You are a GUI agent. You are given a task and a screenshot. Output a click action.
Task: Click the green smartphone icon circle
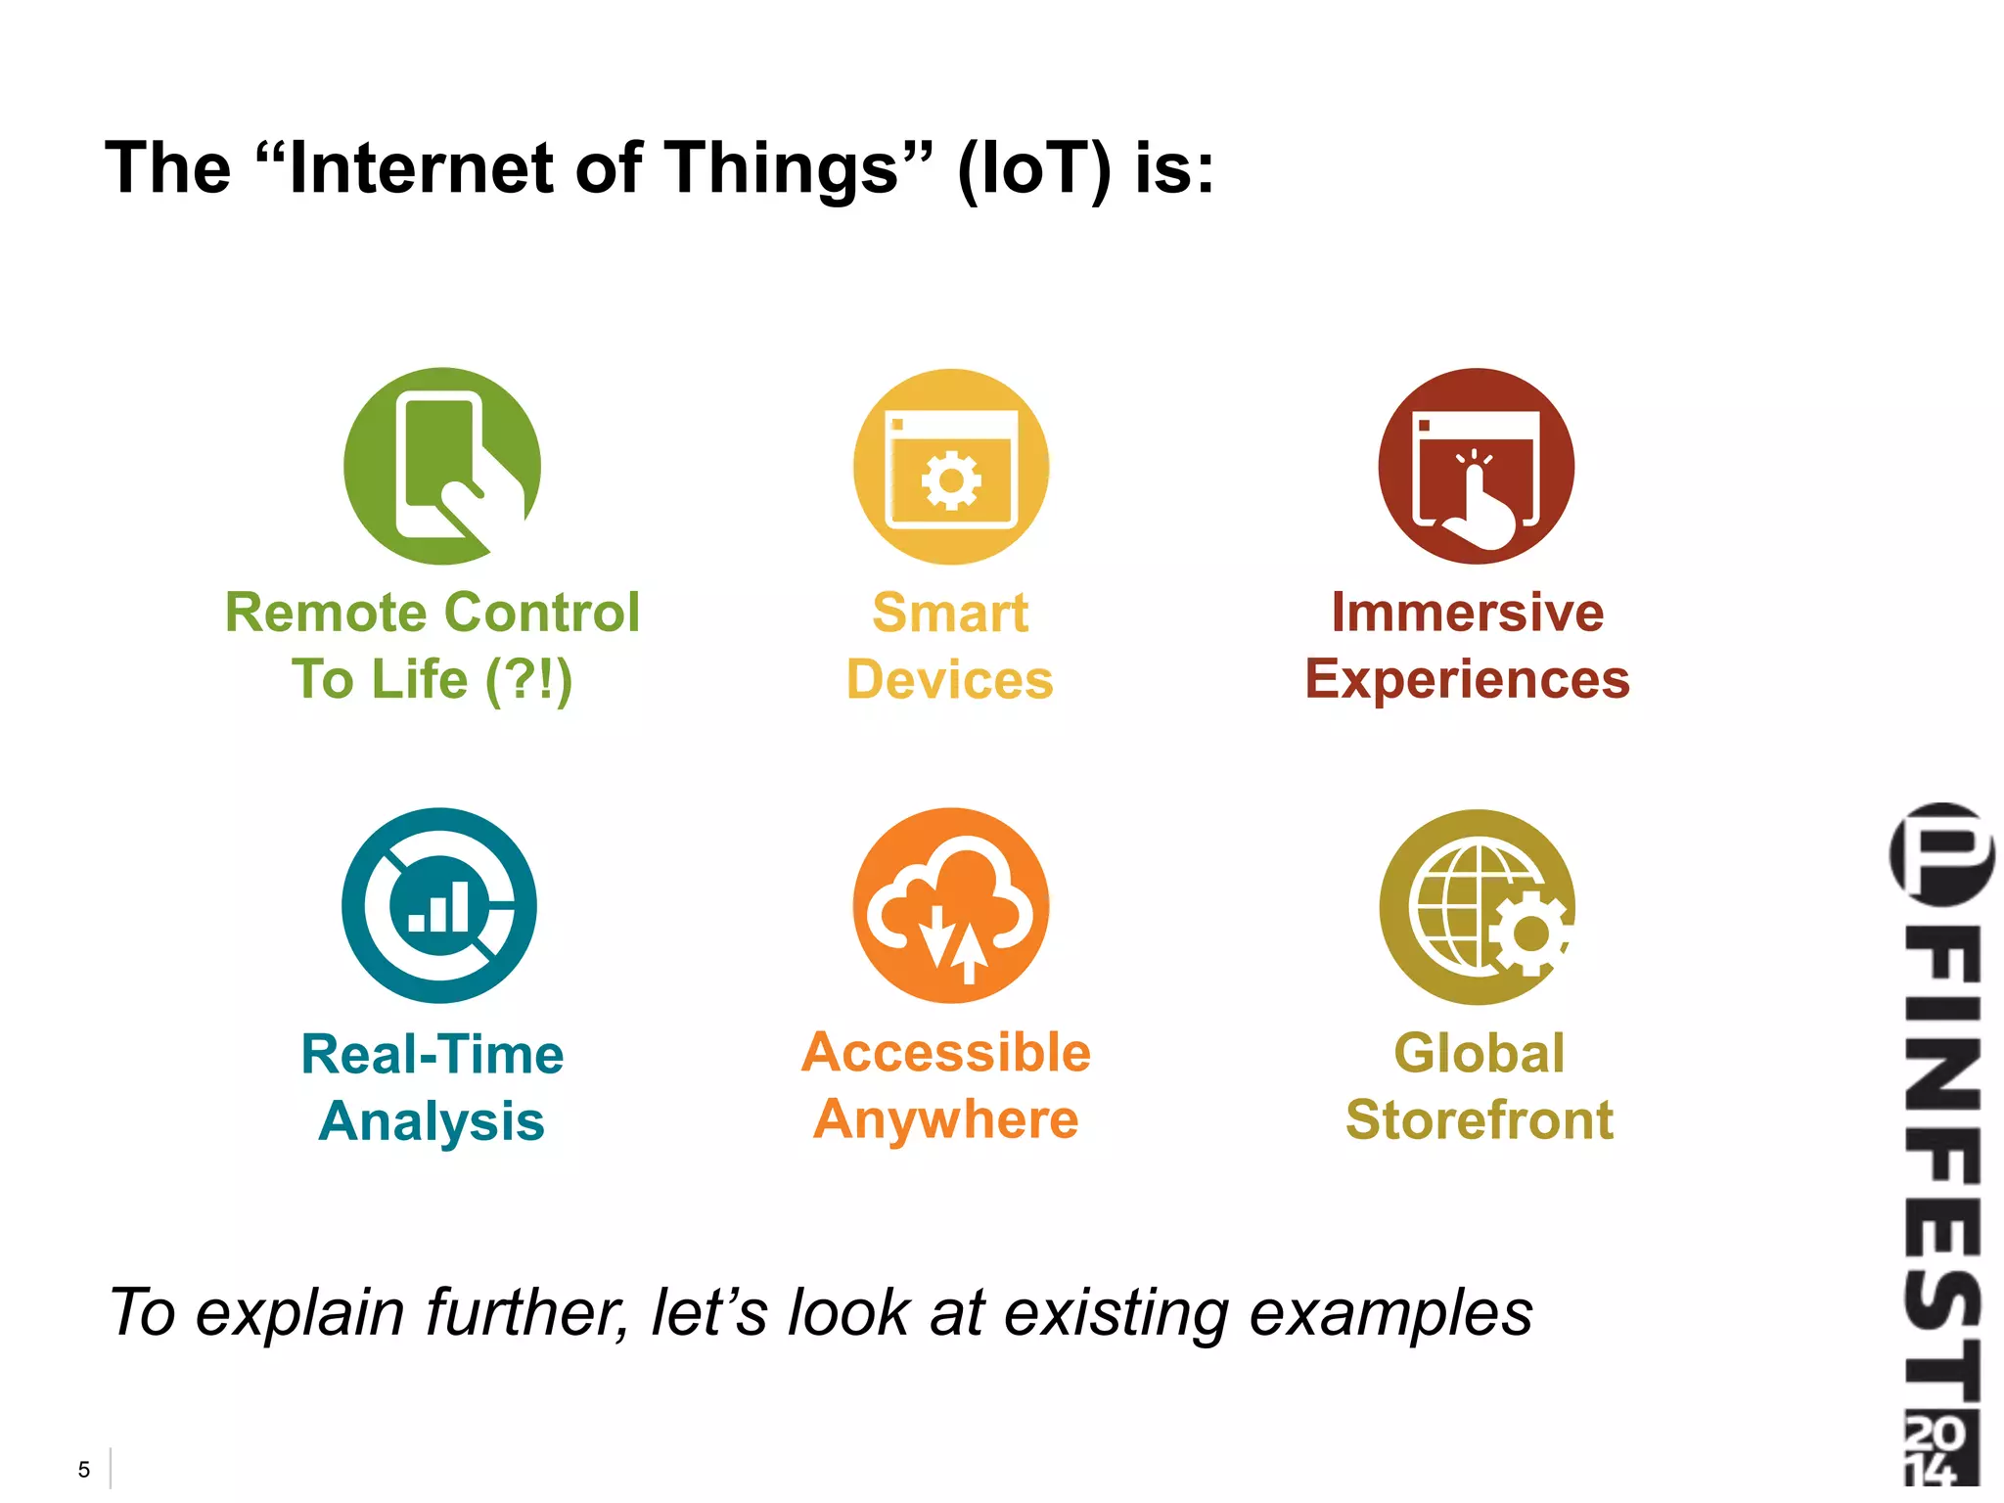442,466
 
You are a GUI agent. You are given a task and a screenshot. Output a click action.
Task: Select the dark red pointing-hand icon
1476,466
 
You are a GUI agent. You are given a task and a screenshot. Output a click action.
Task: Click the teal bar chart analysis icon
439,905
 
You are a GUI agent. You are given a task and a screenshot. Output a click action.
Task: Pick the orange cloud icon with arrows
950,905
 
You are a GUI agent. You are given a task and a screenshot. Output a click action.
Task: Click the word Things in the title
795,168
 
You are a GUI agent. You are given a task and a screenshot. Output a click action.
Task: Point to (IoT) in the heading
1034,168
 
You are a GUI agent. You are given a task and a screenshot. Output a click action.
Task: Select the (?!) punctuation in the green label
528,680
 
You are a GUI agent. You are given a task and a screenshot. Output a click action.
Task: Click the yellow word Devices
949,680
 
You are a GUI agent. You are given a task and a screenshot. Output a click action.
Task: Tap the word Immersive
1467,614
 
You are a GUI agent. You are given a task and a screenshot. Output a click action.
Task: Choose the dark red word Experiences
1467,680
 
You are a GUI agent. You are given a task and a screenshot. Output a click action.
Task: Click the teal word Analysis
432,1121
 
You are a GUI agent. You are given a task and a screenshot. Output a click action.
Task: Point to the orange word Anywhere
945,1119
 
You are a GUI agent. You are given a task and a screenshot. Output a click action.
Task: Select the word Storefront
1479,1119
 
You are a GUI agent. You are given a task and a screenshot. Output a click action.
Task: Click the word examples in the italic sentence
1390,1313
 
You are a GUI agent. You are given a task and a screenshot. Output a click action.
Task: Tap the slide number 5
84,1470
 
